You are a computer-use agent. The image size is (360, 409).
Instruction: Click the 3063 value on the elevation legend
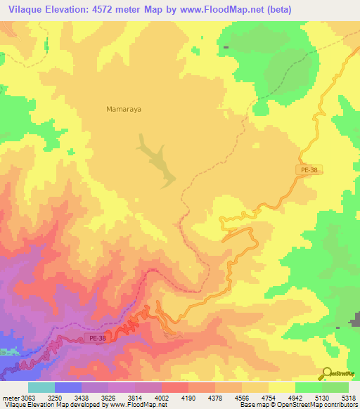click(x=25, y=397)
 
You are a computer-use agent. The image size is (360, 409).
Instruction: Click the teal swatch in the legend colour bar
click(x=41, y=387)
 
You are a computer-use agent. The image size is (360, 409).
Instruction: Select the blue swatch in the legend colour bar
click(x=67, y=387)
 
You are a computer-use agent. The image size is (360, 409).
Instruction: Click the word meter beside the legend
click(x=8, y=397)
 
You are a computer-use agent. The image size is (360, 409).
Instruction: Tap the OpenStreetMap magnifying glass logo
click(x=326, y=374)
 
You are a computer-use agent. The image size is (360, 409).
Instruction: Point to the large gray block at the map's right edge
click(x=355, y=322)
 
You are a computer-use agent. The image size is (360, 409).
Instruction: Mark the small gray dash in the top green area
click(x=226, y=47)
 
